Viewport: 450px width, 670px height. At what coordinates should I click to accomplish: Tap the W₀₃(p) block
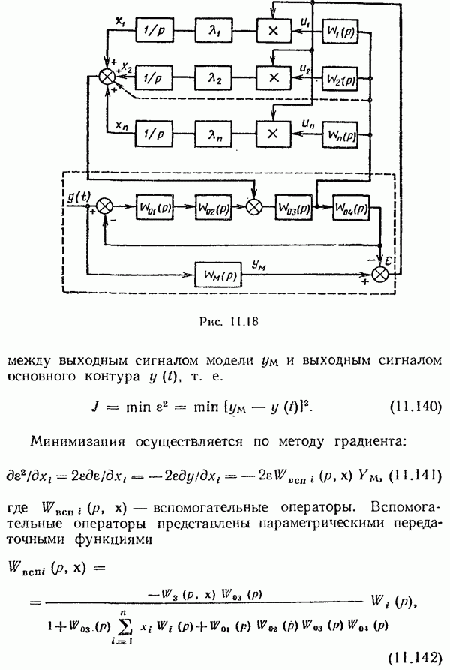(x=293, y=206)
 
